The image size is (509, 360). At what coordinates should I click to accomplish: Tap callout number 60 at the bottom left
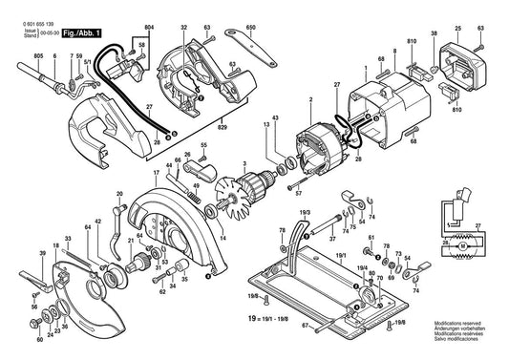(x=39, y=338)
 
